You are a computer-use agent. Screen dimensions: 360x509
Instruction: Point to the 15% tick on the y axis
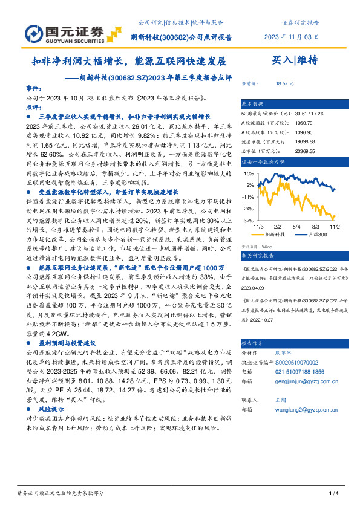(x=249, y=173)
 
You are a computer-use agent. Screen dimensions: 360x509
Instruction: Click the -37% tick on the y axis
(x=248, y=221)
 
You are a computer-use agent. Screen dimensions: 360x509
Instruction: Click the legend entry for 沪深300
(x=316, y=234)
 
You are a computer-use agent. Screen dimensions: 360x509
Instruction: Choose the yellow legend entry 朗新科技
(x=278, y=234)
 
